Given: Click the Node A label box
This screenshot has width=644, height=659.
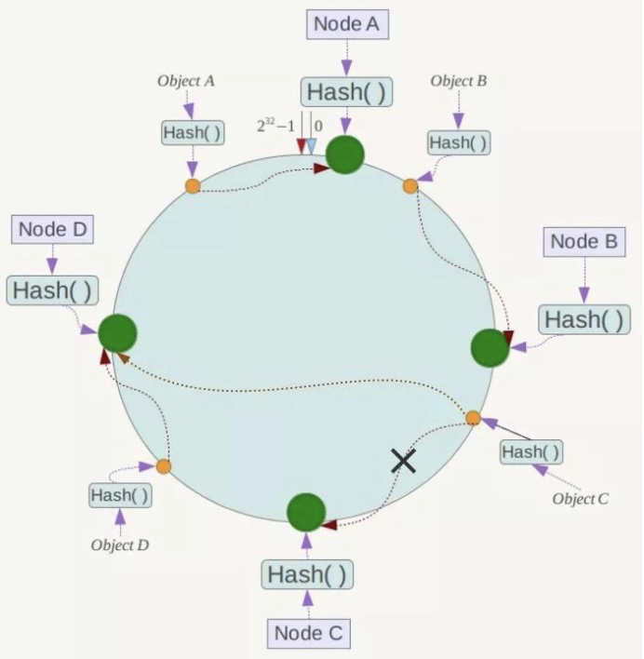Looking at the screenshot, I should click(x=346, y=25).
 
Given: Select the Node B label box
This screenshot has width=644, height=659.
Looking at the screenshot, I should click(x=584, y=242).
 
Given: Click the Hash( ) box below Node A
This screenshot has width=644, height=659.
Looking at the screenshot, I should click(x=346, y=91).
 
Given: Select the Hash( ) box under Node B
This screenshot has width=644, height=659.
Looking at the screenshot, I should click(x=584, y=319).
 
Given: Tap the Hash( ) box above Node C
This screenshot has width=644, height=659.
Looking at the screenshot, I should click(x=307, y=574).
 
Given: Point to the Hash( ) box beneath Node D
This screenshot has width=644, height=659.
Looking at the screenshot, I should click(x=53, y=289).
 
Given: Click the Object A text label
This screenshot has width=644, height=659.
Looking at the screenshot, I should click(x=186, y=81).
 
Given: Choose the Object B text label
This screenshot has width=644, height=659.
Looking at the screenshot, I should click(x=458, y=81).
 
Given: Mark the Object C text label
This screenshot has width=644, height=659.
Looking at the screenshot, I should click(x=580, y=499).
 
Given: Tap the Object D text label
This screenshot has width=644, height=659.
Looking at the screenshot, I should click(x=120, y=545).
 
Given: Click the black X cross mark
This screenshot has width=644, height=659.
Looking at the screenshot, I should click(x=403, y=459).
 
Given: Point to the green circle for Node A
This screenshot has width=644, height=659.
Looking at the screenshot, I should click(x=345, y=155).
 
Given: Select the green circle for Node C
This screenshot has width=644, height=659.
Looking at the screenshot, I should click(x=306, y=512).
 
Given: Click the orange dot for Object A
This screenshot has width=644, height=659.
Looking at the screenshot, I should click(x=193, y=186).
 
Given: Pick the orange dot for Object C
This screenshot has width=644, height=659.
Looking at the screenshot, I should click(x=473, y=418).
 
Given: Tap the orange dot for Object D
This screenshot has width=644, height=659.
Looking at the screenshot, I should click(x=164, y=465).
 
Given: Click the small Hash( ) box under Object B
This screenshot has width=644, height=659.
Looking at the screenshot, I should click(x=458, y=142).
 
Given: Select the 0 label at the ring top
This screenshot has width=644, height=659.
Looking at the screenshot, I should click(x=317, y=125).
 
